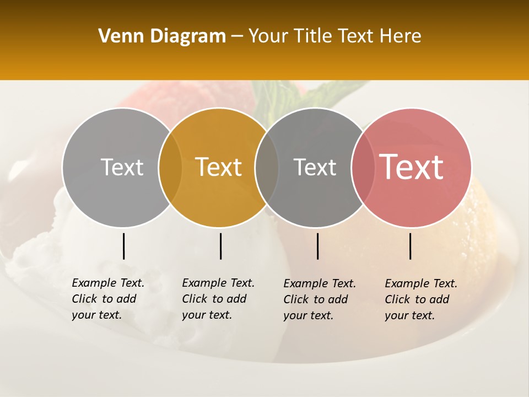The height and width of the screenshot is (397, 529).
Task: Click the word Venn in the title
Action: click(117, 36)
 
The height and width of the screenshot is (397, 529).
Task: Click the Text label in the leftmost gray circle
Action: click(122, 167)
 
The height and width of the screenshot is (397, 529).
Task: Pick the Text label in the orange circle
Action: click(219, 167)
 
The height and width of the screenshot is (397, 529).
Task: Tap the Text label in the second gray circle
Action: click(315, 167)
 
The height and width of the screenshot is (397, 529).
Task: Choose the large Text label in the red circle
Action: click(412, 167)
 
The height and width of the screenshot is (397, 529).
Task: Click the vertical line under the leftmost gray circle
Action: click(123, 246)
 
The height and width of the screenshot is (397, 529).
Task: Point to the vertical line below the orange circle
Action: click(220, 246)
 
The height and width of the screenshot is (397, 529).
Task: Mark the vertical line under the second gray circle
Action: click(317, 246)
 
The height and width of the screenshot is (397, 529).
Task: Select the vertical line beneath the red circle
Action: click(410, 246)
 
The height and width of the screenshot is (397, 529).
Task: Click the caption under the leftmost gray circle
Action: click(108, 299)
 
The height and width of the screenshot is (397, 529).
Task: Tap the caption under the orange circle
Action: click(218, 299)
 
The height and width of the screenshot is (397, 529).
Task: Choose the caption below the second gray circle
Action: click(320, 299)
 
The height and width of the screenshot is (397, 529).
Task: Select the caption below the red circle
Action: click(421, 299)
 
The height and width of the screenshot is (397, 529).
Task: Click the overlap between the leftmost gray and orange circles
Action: click(170, 167)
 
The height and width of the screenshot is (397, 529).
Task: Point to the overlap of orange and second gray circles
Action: click(267, 167)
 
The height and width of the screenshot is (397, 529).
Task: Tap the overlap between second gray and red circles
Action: click(361, 167)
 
